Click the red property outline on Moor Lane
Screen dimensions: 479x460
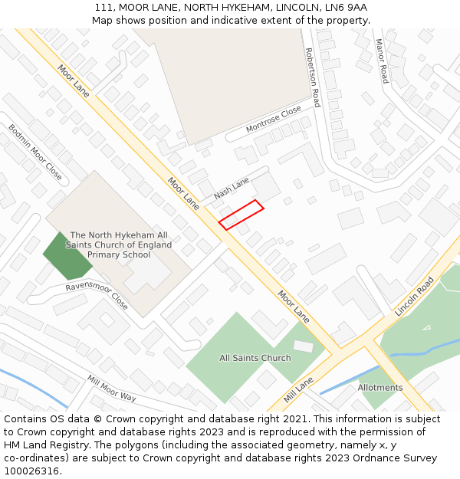tap(241, 215)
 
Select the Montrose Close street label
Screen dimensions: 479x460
tap(274, 120)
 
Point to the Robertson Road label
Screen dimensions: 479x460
tap(312, 77)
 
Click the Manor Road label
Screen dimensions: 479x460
tap(381, 61)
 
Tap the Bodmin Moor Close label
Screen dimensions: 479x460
tap(35, 151)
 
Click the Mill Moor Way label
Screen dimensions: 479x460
tap(111, 389)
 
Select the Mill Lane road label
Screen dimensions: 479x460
tap(299, 389)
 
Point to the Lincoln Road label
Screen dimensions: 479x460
tap(414, 297)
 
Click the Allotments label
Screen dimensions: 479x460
tap(379, 388)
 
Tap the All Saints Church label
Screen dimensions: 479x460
tap(255, 358)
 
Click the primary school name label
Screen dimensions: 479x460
tap(119, 244)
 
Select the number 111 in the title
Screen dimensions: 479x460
tap(103, 7)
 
